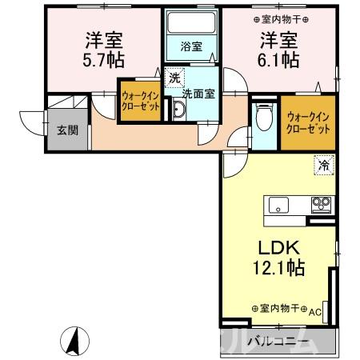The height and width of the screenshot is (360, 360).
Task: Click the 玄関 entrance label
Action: [67, 130]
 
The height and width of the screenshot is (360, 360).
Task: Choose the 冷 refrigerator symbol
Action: [324, 166]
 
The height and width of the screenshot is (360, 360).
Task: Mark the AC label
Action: [314, 311]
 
